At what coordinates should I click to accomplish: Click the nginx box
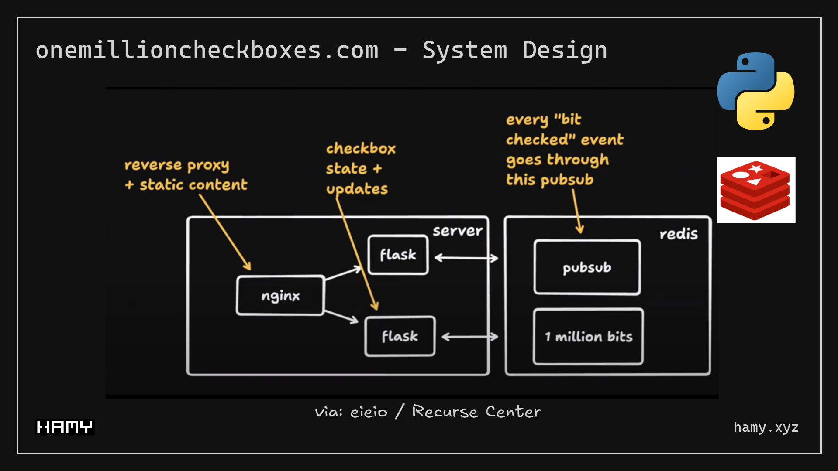(x=280, y=295)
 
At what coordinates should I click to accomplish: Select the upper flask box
(x=398, y=255)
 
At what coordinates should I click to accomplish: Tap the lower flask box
(x=400, y=336)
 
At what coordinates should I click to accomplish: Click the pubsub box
(x=587, y=267)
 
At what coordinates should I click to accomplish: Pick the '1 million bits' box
(x=588, y=336)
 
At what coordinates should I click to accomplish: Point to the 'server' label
(x=457, y=231)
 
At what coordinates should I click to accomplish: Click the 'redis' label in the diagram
(x=678, y=234)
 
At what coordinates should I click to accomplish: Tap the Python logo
(x=755, y=91)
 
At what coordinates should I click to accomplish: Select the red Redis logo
(x=755, y=190)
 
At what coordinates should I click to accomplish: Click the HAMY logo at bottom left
(x=65, y=427)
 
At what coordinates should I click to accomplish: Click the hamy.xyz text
(x=766, y=427)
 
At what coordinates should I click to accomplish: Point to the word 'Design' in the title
(x=565, y=50)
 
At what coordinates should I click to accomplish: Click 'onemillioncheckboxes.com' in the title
(x=207, y=50)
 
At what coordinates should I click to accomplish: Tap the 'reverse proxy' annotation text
(x=176, y=165)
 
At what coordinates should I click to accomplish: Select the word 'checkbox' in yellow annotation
(x=361, y=149)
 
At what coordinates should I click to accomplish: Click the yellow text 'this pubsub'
(x=549, y=180)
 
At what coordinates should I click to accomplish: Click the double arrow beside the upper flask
(x=466, y=258)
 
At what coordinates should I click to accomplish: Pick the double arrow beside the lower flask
(x=470, y=337)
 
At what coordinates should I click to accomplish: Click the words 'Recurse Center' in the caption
(x=476, y=412)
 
